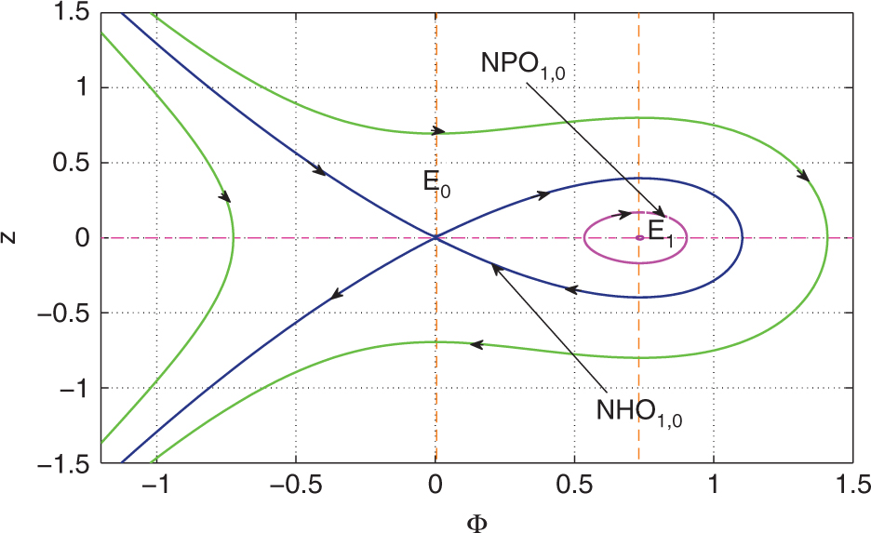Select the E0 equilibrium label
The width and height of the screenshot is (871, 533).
pyautogui.click(x=436, y=182)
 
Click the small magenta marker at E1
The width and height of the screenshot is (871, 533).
pyautogui.click(x=639, y=238)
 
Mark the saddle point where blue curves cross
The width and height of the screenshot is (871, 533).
pyautogui.click(x=435, y=238)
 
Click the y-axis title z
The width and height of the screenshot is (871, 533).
pyautogui.click(x=11, y=238)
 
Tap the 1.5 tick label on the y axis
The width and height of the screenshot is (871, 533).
pyautogui.click(x=69, y=13)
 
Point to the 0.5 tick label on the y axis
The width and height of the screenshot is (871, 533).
pyautogui.click(x=69, y=163)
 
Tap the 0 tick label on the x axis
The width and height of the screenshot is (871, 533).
pyautogui.click(x=435, y=487)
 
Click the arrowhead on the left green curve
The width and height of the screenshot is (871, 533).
pyautogui.click(x=225, y=196)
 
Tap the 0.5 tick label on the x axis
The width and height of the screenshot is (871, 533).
pyautogui.click(x=575, y=487)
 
